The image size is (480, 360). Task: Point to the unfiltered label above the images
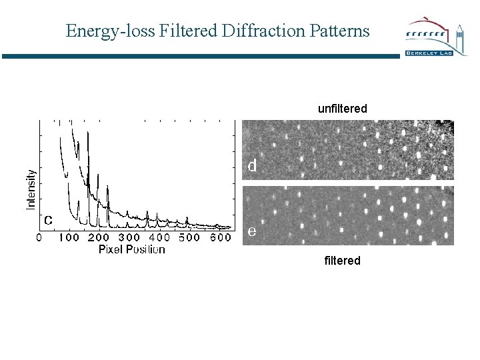pos(342,108)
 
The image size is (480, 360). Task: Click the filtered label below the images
pos(342,261)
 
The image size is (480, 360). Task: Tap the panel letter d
pos(252,165)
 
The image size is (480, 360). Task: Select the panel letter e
pos(251,231)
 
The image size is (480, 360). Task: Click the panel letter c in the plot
pos(49,219)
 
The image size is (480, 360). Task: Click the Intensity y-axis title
pos(31,189)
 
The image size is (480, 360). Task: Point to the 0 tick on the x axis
pos(39,237)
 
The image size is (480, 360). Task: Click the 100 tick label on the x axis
pos(69,237)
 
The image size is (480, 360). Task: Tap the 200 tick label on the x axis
pos(99,237)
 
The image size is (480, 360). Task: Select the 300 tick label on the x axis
pos(129,237)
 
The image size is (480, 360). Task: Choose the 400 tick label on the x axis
pos(159,237)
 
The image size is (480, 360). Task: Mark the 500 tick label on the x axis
pos(189,237)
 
